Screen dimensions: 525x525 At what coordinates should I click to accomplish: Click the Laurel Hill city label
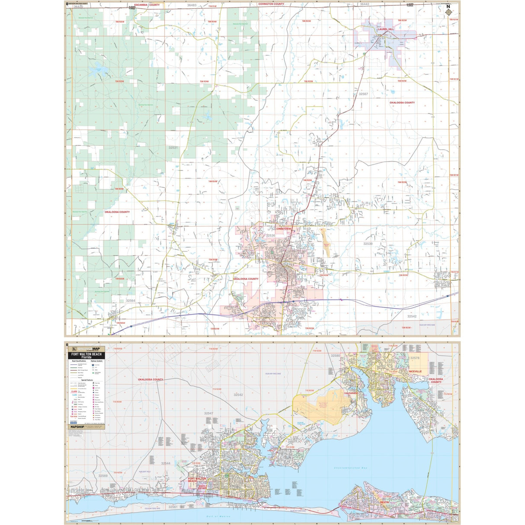coord(386,29)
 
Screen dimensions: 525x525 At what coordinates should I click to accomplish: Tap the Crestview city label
coord(284,229)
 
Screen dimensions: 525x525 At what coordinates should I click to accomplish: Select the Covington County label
coord(271,4)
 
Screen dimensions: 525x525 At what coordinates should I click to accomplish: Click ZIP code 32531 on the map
coord(173,148)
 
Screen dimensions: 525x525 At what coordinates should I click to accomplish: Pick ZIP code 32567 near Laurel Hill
coord(363,94)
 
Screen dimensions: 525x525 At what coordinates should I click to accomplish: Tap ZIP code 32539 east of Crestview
coord(368,244)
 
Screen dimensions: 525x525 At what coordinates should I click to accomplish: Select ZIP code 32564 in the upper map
coord(131,301)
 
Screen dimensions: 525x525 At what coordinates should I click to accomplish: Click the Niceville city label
coord(415,371)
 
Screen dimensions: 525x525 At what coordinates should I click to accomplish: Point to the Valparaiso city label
coord(351,393)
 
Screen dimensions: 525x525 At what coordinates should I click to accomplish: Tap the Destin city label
coord(384,502)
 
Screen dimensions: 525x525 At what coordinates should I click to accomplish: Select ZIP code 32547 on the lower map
coord(208,413)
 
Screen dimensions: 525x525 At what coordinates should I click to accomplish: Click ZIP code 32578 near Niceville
coord(415,358)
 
